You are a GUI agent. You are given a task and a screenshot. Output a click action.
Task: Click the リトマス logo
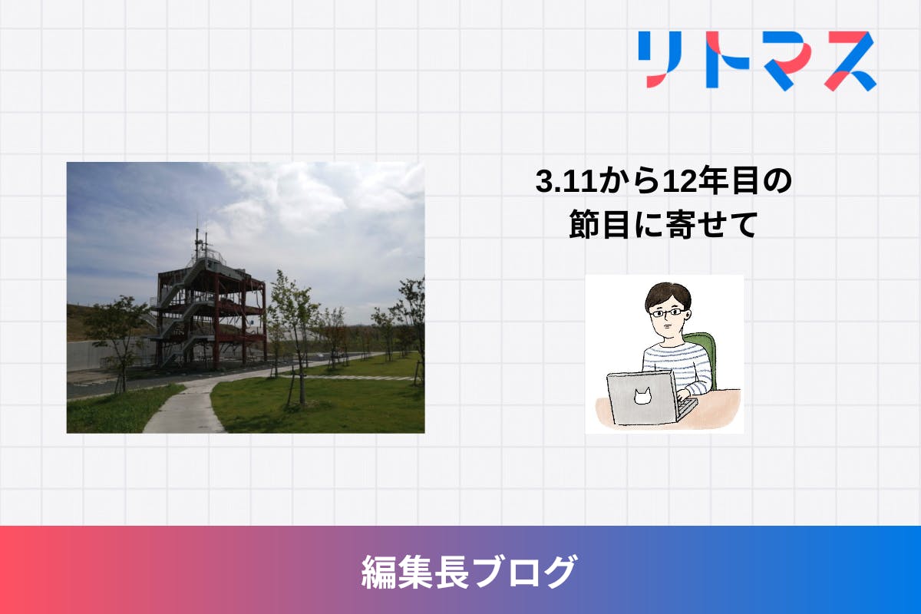757,61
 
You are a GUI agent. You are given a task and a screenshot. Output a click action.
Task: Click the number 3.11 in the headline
566,181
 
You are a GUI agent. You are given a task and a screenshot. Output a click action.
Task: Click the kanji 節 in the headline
583,224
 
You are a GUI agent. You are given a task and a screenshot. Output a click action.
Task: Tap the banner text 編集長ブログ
470,572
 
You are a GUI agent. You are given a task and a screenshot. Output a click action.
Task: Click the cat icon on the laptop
642,396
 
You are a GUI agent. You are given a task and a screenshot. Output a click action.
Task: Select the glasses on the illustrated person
667,313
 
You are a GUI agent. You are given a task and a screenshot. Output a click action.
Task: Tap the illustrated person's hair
668,295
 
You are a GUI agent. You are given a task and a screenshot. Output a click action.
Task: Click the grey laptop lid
642,398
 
